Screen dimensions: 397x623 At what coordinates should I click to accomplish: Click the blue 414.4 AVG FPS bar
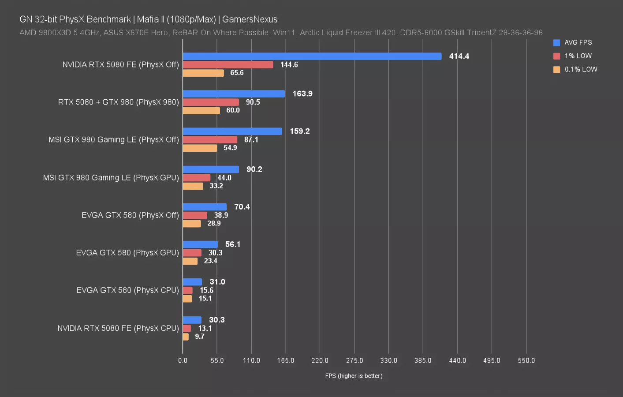(x=312, y=56)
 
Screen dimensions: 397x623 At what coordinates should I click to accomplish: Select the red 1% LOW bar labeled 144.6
(x=228, y=65)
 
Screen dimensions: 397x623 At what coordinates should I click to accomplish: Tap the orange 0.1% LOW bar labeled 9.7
(x=186, y=337)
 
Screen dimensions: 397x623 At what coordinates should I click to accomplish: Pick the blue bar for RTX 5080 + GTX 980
(x=234, y=94)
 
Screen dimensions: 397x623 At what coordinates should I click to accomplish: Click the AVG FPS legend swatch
(x=556, y=43)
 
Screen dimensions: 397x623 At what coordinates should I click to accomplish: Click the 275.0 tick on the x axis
(x=354, y=360)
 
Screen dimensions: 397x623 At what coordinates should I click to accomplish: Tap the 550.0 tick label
(x=526, y=360)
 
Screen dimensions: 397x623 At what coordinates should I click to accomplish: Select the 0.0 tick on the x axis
(x=183, y=360)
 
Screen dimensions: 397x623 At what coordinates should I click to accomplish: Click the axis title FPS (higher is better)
(x=354, y=376)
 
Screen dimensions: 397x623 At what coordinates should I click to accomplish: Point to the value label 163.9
(x=302, y=94)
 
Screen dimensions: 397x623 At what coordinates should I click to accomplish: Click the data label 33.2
(x=216, y=186)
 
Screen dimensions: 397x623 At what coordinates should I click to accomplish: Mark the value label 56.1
(x=233, y=244)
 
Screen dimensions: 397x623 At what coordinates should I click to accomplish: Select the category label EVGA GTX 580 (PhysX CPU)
(x=127, y=290)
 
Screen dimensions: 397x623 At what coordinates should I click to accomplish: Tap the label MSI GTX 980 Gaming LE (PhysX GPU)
(x=111, y=178)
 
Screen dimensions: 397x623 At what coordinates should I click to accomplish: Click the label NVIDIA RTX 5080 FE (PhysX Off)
(x=120, y=65)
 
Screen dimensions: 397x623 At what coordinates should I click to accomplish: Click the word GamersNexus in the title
(x=250, y=19)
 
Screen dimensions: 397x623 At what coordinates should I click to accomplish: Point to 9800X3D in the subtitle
(x=57, y=33)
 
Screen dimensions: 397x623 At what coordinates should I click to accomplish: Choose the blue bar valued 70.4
(x=205, y=207)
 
